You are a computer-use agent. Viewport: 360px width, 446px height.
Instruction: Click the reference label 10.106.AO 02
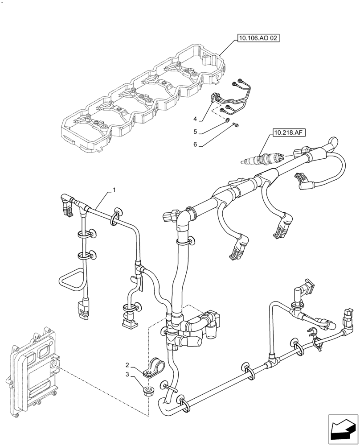[258, 39]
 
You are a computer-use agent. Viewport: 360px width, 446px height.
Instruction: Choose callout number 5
[195, 132]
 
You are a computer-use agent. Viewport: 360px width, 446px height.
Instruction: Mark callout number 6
[195, 145]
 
